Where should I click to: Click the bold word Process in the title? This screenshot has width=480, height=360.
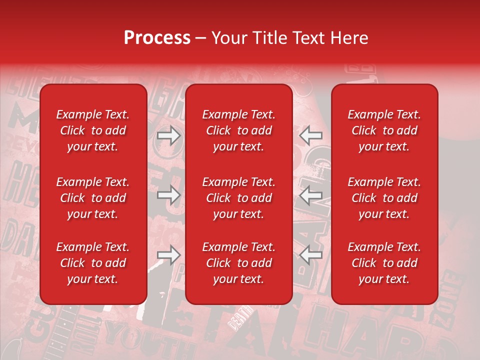click(x=157, y=38)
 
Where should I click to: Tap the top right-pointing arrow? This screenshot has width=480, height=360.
click(x=168, y=135)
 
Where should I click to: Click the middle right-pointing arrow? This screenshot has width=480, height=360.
click(x=168, y=195)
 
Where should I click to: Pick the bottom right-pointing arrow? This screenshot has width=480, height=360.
click(x=168, y=255)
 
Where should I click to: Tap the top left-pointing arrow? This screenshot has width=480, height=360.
click(x=310, y=135)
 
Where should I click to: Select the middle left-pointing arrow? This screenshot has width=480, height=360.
click(x=310, y=195)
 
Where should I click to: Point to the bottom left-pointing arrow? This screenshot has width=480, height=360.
click(x=310, y=255)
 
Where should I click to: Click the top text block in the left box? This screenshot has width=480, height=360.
click(x=92, y=130)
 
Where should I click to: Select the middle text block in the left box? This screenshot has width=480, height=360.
click(x=92, y=198)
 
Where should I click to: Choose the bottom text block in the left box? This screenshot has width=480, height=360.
click(x=92, y=263)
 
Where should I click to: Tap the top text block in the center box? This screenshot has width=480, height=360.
click(x=238, y=130)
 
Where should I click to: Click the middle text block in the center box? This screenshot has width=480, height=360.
click(x=238, y=198)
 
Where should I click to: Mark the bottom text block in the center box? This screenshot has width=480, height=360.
click(x=238, y=263)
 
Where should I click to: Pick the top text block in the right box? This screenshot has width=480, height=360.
click(x=384, y=130)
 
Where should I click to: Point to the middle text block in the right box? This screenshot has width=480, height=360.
click(x=384, y=198)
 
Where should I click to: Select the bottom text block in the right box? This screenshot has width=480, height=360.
click(x=384, y=263)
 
